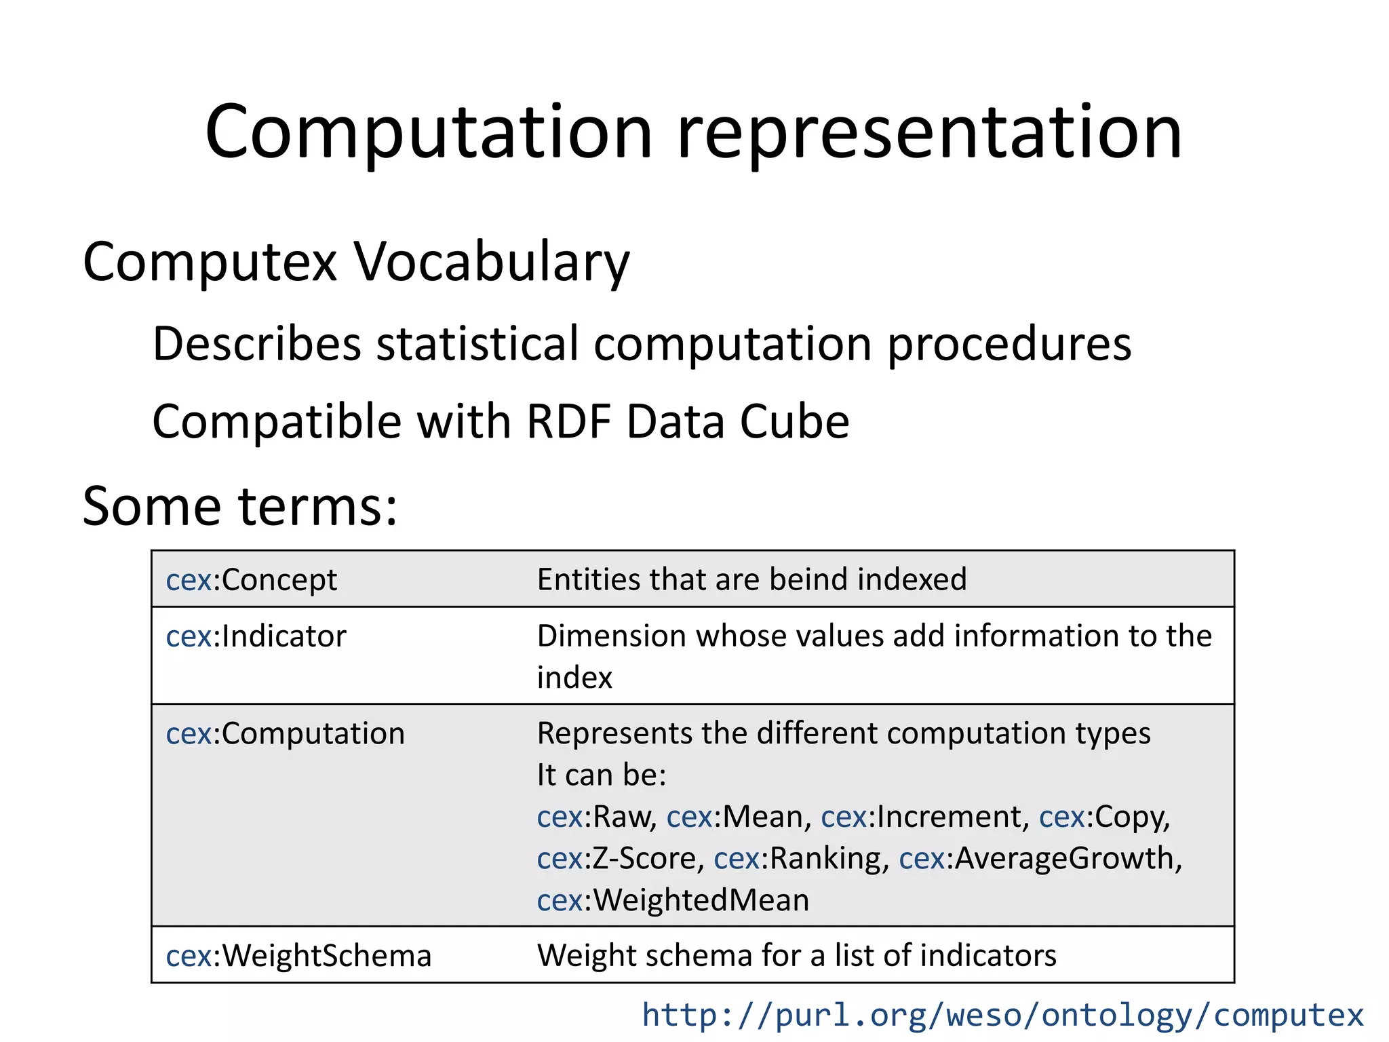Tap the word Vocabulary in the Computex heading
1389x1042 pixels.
click(x=492, y=263)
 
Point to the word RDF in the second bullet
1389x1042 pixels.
click(x=568, y=422)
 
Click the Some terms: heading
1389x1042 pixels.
click(x=239, y=506)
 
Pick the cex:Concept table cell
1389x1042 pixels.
click(x=252, y=580)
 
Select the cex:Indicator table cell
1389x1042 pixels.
click(x=256, y=636)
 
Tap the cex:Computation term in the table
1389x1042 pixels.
click(x=285, y=734)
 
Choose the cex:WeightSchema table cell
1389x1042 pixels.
click(x=298, y=956)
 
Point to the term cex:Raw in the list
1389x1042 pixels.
click(x=595, y=817)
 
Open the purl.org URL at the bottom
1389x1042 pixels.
click(x=1002, y=1015)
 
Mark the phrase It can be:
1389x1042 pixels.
click(x=602, y=775)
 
